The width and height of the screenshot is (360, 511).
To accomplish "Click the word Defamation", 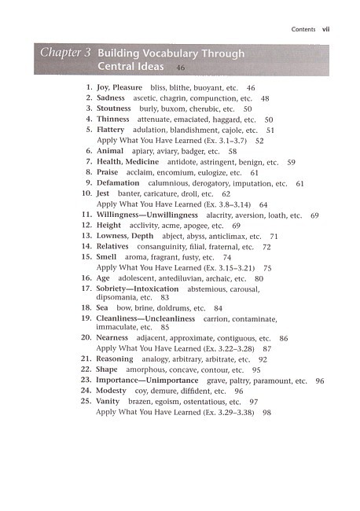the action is tap(120, 182).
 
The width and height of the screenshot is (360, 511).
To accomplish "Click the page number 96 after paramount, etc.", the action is tap(319, 380).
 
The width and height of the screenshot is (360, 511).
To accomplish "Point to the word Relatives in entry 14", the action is tap(116, 246).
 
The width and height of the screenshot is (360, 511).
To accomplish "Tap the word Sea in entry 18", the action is tap(102, 308).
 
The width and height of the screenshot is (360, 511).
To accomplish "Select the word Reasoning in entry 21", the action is tap(117, 358).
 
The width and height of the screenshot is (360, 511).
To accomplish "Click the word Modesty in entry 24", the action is tap(113, 391).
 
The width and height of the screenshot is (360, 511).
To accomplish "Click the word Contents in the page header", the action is tap(303, 30).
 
